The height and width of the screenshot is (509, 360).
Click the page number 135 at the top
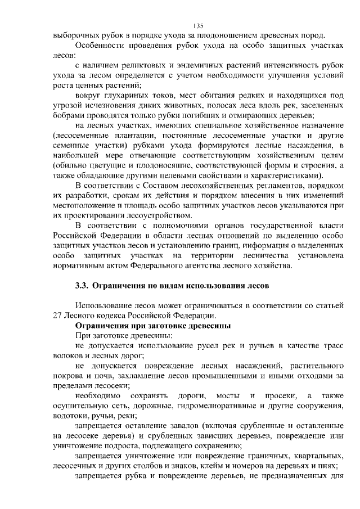(x=198, y=25)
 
